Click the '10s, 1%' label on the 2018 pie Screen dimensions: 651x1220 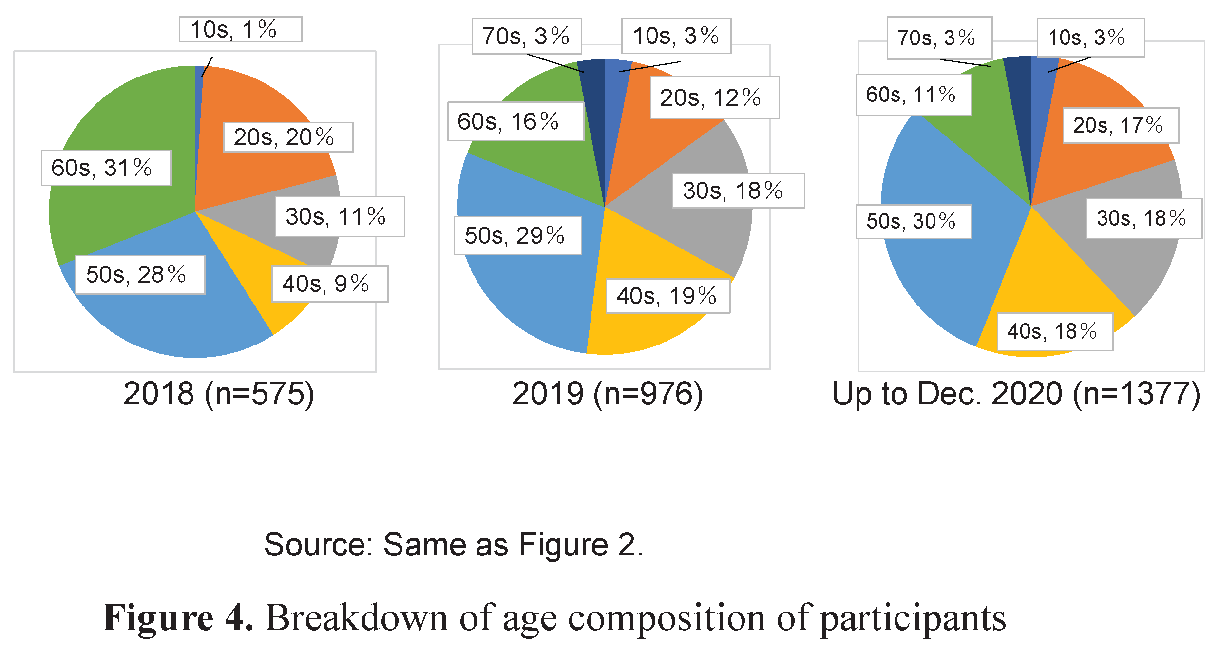(x=240, y=29)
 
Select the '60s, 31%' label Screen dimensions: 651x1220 (x=106, y=168)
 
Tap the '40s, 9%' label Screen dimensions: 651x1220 (x=330, y=284)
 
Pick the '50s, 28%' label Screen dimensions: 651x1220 (x=140, y=274)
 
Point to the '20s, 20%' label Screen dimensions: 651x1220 (x=288, y=137)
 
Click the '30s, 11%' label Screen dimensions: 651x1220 (x=340, y=216)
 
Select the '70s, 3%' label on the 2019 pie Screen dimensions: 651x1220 (x=526, y=36)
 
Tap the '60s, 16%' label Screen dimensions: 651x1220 (x=515, y=121)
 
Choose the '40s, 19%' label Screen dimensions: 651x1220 (x=667, y=296)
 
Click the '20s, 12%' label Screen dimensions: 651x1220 (x=714, y=97)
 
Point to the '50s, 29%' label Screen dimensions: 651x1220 (x=517, y=235)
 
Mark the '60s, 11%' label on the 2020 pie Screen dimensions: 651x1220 (x=913, y=94)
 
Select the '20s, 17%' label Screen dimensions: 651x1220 (x=1120, y=125)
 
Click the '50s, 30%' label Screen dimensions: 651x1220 (x=914, y=221)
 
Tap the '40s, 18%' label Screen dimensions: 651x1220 (x=1054, y=331)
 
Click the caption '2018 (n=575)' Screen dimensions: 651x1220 (x=219, y=394)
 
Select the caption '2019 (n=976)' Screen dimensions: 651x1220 (x=608, y=394)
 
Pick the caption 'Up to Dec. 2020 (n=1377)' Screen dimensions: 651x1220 (x=1016, y=394)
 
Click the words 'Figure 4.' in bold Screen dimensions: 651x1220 (x=178, y=617)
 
